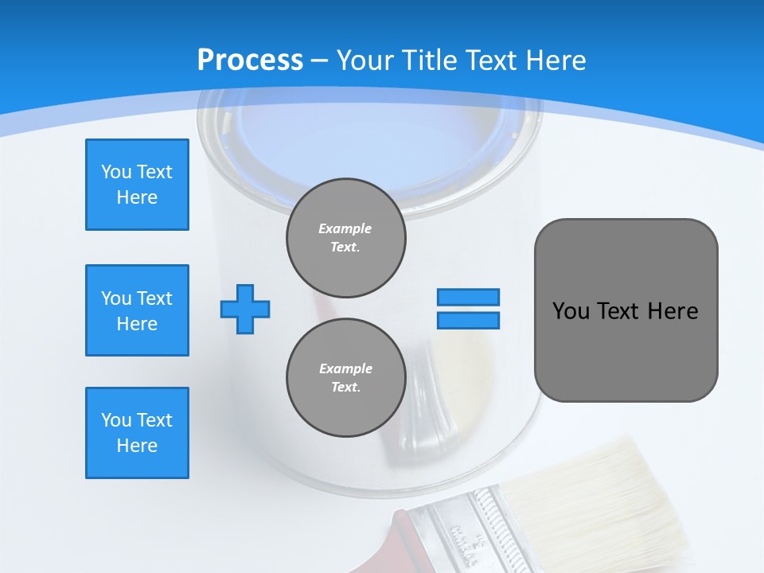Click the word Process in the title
[250, 60]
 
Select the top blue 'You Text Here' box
[137, 185]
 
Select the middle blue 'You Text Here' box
[137, 310]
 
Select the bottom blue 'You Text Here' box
[137, 433]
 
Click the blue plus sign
[245, 309]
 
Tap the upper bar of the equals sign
[468, 297]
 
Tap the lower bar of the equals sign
[468, 320]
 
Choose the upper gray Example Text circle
[345, 238]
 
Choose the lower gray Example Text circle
[345, 378]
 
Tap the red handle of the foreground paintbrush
[410, 545]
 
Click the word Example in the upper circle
[345, 228]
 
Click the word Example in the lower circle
[345, 368]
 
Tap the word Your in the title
[366, 60]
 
